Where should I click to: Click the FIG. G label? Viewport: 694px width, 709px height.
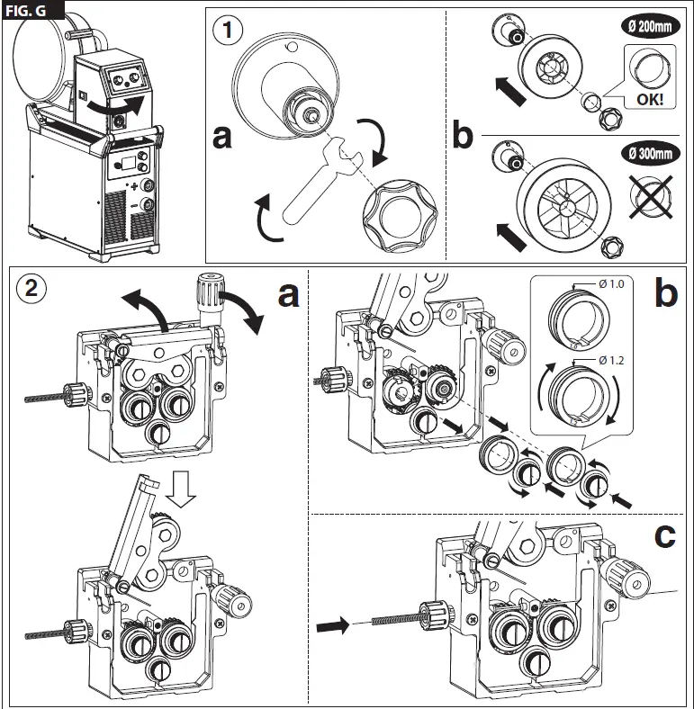tap(32, 10)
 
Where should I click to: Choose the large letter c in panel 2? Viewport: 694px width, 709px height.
tap(663, 536)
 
